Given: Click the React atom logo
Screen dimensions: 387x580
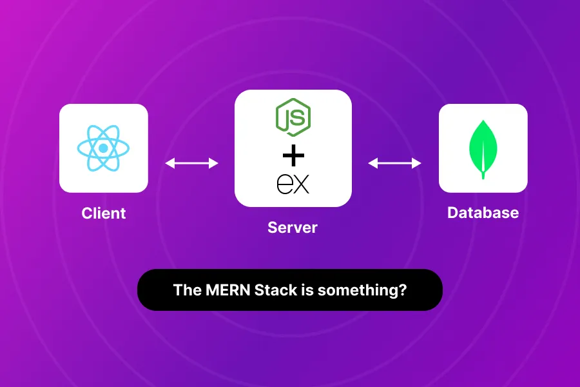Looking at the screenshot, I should (103, 148).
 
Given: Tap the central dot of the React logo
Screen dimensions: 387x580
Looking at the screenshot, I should (103, 148).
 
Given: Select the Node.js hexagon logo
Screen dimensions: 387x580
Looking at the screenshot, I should (293, 117).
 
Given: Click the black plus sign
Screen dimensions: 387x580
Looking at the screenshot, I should (293, 156).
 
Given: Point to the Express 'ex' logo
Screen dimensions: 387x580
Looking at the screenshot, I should (293, 184).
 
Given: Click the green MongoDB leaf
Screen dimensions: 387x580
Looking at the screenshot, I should (483, 146).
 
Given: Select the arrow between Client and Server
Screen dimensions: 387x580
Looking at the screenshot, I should (191, 163).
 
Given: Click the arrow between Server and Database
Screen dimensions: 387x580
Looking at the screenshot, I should (394, 163).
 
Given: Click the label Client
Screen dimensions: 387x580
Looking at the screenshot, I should (104, 213).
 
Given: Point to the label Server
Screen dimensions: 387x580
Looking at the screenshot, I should (293, 228).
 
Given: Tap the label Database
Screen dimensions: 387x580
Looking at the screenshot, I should (483, 213).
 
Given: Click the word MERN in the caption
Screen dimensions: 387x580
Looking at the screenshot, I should (224, 290).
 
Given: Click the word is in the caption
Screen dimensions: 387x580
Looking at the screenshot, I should (307, 290).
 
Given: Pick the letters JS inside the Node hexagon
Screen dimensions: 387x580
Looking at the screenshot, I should (294, 118).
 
